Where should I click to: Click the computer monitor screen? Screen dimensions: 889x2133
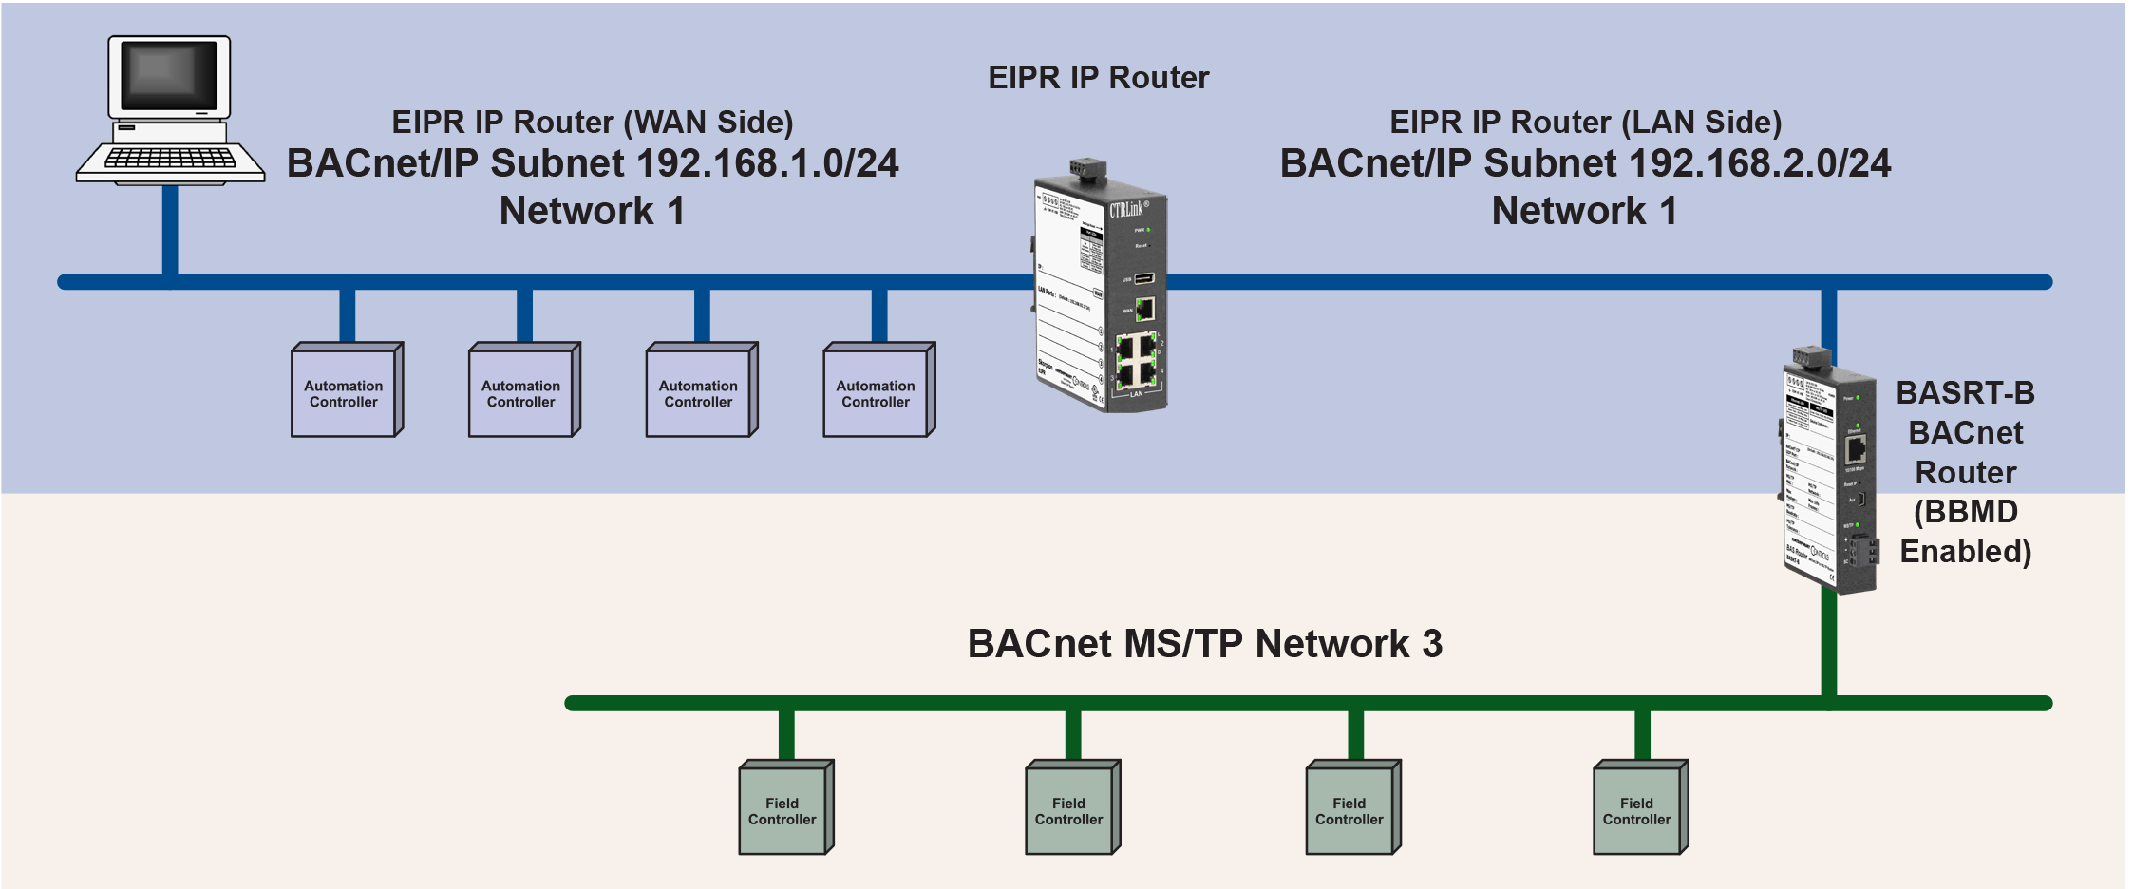point(169,76)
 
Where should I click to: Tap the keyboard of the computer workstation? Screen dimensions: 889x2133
point(170,160)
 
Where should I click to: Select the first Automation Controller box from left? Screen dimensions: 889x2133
point(345,392)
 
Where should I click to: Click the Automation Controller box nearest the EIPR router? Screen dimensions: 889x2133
point(877,392)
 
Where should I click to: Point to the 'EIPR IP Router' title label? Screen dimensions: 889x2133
point(1098,78)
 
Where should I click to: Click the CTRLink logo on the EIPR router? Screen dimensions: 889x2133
point(1128,209)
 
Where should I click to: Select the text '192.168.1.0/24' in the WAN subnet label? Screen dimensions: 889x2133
point(767,163)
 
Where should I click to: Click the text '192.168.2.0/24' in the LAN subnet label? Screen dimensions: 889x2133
point(1759,163)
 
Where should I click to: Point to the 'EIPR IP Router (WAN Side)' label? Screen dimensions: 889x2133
point(593,123)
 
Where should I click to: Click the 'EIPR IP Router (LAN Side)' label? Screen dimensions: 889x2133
point(1585,123)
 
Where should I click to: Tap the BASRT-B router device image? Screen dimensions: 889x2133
point(1829,475)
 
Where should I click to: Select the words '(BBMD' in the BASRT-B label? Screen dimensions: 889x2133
point(1965,512)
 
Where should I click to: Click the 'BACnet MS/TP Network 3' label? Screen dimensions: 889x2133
point(1204,644)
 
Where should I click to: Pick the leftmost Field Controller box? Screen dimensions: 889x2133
point(783,810)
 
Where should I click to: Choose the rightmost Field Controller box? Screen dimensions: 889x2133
point(1637,810)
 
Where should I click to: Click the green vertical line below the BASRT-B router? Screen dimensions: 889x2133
point(1829,646)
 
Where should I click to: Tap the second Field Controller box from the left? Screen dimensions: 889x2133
point(1070,810)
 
